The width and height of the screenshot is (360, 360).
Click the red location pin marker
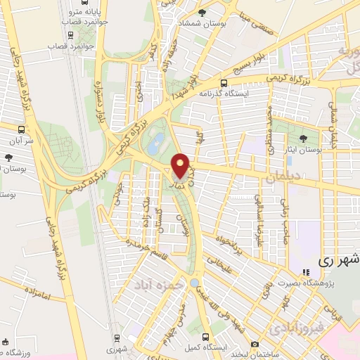[180, 166]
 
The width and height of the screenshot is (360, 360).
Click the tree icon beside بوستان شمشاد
[202, 13]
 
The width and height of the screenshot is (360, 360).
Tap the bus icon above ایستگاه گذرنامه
[224, 82]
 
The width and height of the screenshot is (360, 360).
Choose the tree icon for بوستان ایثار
[303, 139]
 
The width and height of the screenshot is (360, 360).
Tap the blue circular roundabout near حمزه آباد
[194, 283]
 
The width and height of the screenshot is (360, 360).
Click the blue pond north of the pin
[158, 141]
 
